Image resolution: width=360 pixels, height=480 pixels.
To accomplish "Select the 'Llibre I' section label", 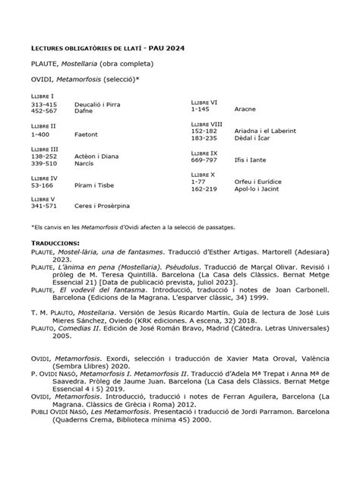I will [42, 96].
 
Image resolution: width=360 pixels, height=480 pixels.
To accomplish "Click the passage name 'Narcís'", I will [84, 163].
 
